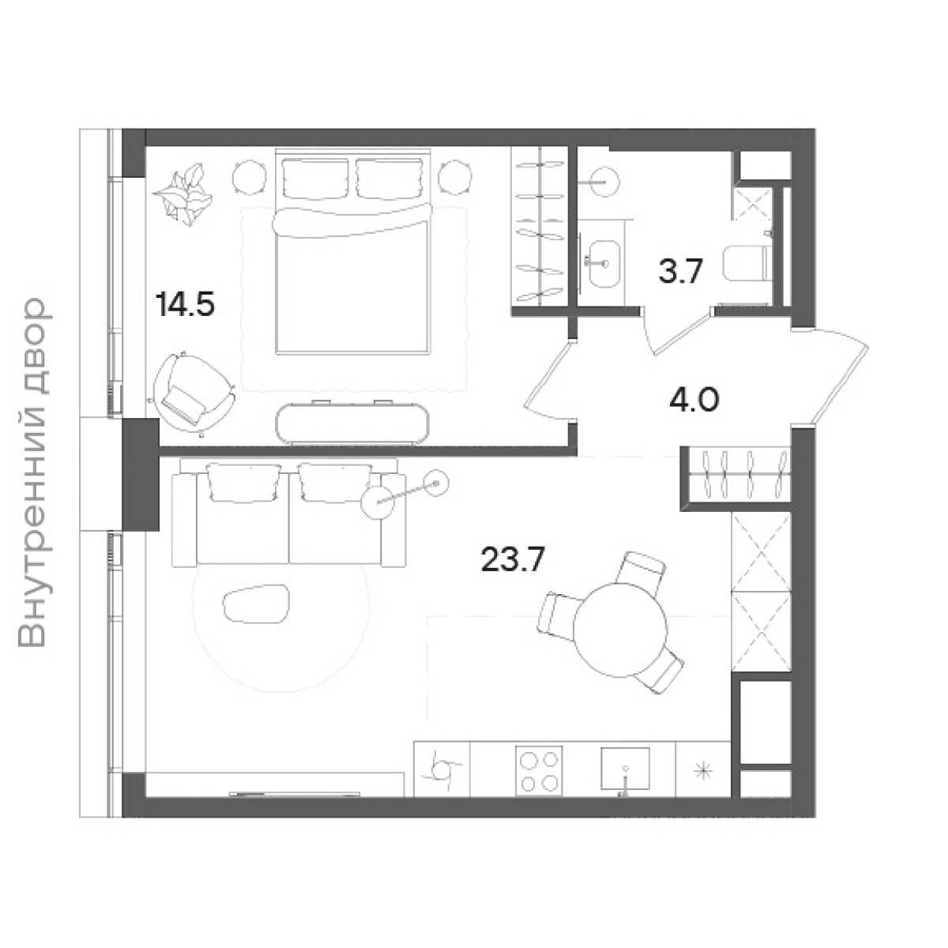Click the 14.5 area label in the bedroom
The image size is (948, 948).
coord(185,304)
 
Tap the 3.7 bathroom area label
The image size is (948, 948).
coord(680,271)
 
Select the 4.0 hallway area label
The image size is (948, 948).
coord(694,400)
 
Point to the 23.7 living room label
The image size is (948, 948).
coord(513,559)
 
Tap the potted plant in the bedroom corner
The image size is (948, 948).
coord(183,194)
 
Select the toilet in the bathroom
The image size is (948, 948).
coord(747,264)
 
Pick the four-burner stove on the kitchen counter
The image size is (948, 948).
coord(539,770)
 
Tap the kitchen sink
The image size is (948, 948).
coord(625,769)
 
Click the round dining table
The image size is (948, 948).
coord(620,630)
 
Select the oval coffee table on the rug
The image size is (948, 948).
coord(256,604)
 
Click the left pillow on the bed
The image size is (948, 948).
coord(315,178)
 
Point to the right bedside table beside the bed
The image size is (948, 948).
coord(455,178)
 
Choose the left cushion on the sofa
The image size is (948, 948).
coord(243,483)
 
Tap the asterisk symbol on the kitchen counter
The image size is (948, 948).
coord(702,770)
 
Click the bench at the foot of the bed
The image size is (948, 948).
coord(352,423)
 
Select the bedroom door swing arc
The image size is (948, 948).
coord(547,382)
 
